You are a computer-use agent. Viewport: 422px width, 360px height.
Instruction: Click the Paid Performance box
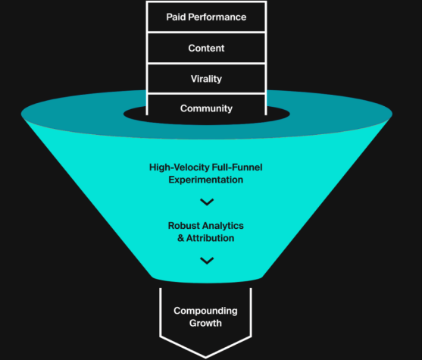pos(206,17)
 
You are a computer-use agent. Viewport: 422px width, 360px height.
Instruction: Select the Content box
pos(206,48)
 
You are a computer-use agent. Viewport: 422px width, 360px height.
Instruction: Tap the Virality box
pos(206,79)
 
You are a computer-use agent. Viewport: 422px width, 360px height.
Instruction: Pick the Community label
pos(206,108)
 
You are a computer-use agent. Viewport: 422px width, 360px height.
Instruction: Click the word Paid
pos(176,17)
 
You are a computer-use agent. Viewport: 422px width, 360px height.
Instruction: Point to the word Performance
pos(217,17)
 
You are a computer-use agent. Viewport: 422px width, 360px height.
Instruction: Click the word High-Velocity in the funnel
pos(180,167)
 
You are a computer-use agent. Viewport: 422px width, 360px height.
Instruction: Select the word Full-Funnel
pos(237,167)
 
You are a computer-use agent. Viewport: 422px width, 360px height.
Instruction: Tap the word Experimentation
pos(206,180)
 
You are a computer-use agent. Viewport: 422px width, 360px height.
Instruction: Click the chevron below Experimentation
pos(207,202)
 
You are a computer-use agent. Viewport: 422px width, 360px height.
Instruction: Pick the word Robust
pos(184,225)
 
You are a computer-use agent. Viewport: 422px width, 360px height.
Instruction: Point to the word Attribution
pos(210,238)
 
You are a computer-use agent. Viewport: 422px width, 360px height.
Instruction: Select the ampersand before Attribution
pos(180,238)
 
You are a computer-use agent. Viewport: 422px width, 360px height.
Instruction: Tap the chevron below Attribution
pos(207,261)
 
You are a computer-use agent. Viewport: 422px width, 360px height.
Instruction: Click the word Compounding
pos(205,311)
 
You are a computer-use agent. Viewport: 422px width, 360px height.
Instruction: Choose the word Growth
pos(205,323)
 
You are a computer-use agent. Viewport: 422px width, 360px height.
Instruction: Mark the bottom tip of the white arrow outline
pos(205,358)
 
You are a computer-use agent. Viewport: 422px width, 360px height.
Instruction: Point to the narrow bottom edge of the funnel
pos(207,280)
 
